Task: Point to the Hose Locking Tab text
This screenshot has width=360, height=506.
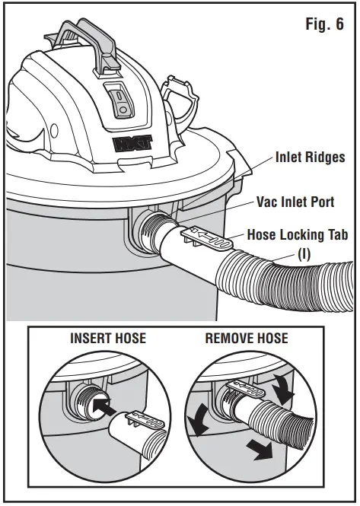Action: click(x=298, y=235)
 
